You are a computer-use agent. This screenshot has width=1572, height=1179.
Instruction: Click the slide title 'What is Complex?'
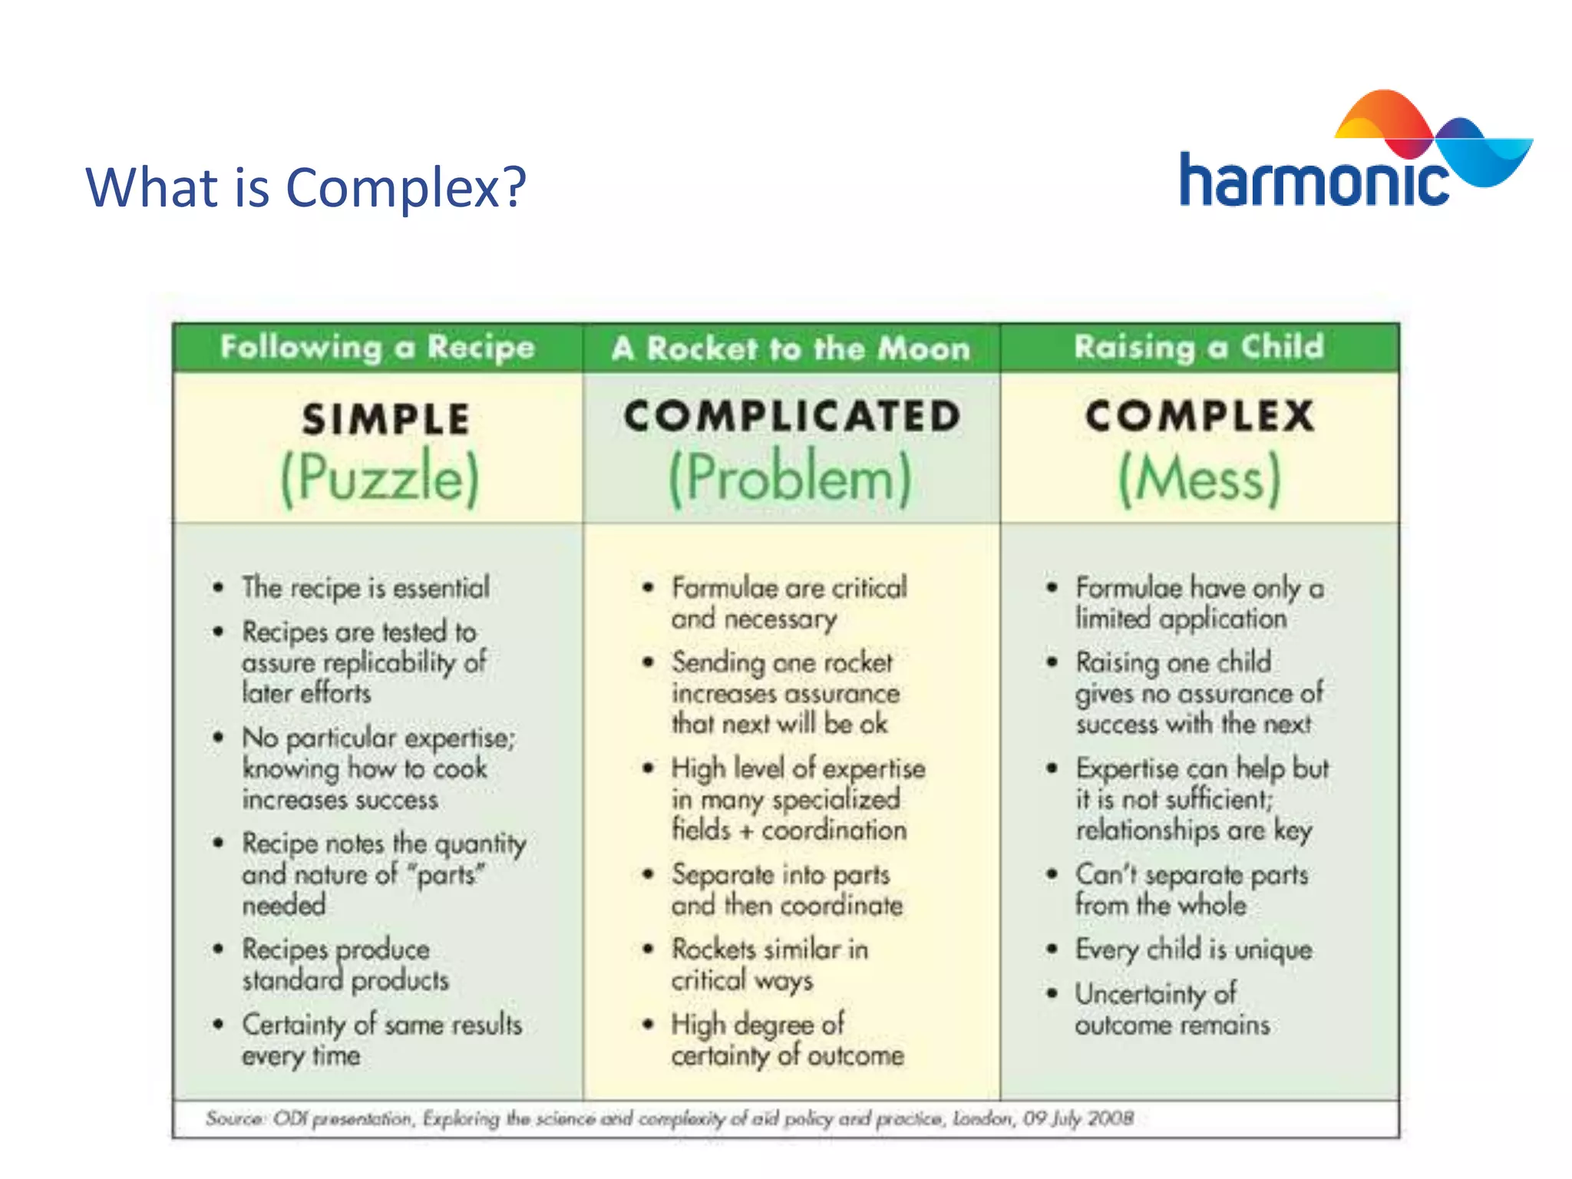[305, 187]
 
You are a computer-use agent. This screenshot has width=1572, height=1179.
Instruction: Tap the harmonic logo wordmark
[1313, 181]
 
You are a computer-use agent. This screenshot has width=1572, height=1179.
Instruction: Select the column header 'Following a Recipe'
[377, 347]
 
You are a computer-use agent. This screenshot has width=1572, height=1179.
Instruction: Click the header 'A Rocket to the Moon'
[791, 348]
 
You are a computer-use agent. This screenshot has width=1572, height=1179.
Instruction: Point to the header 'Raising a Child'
[1199, 347]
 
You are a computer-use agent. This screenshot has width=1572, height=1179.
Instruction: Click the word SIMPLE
[385, 419]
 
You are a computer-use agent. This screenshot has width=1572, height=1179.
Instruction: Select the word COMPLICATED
[791, 416]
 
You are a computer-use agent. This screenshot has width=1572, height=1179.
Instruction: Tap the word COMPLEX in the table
[1199, 416]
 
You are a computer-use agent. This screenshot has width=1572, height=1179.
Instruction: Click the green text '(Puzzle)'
[379, 477]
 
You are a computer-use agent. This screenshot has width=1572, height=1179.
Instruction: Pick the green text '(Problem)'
[791, 477]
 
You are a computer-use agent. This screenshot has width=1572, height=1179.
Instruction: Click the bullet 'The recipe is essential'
[365, 588]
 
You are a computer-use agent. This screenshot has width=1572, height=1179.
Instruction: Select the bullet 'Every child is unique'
[1193, 949]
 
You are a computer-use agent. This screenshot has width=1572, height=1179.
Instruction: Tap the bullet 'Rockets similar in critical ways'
[769, 965]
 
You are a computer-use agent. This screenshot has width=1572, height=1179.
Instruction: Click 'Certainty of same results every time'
[381, 1039]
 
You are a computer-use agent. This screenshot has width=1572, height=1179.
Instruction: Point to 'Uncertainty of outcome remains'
[1171, 1009]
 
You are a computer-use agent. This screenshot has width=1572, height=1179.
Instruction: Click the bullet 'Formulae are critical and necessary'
[788, 603]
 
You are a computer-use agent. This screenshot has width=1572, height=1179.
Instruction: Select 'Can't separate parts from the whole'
[1191, 890]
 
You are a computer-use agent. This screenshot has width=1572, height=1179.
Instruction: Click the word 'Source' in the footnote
[233, 1118]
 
